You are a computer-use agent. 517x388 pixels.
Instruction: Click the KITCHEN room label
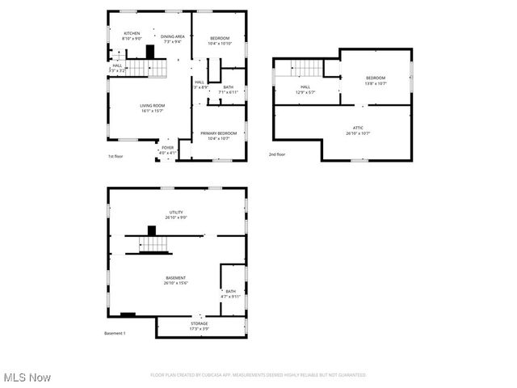point(132,33)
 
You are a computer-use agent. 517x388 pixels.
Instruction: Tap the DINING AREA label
point(173,36)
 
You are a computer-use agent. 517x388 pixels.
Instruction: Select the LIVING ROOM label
point(153,106)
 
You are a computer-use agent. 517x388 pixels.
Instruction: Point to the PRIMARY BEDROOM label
point(218,133)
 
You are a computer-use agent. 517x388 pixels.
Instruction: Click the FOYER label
point(168,148)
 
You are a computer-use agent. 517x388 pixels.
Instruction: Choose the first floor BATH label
point(229,87)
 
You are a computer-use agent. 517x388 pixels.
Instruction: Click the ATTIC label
point(358,128)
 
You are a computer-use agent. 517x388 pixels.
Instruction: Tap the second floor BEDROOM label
point(376,78)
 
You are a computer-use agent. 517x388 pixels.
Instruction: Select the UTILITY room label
point(176,212)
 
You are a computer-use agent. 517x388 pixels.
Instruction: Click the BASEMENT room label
point(176,277)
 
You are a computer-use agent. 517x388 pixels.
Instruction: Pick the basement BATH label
point(231,291)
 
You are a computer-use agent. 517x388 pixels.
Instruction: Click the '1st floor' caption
point(116,156)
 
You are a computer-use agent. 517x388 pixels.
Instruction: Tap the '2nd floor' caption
point(277,154)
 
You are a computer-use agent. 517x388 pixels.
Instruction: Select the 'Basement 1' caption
point(116,333)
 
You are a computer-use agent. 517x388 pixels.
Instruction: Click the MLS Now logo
point(27,377)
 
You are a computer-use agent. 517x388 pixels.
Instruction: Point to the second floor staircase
point(306,69)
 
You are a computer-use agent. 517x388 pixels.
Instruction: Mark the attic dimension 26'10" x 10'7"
point(358,133)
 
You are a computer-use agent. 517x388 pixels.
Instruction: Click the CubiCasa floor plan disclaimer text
point(258,375)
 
